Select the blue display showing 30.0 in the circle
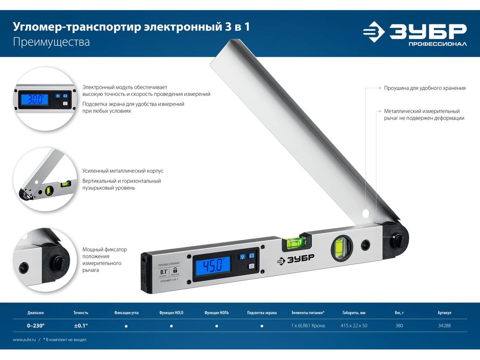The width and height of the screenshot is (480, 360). [35, 99]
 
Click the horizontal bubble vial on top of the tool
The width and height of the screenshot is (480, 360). [295, 242]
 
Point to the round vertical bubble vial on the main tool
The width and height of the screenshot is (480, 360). [342, 248]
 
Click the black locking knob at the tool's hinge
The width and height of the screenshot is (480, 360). [397, 238]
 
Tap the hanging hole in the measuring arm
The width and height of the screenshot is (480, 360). [365, 213]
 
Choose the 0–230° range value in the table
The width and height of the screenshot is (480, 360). [36, 326]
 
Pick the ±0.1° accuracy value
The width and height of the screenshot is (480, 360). [81, 326]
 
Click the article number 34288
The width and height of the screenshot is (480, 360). [444, 326]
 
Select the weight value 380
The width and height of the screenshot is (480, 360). [399, 326]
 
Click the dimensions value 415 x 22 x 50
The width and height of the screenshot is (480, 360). [354, 326]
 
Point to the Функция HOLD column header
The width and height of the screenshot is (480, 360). [171, 312]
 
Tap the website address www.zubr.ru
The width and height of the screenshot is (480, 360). [24, 340]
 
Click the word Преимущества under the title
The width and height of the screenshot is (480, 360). [51, 42]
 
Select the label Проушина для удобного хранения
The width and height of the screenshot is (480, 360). [425, 88]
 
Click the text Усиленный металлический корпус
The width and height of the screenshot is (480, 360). [123, 171]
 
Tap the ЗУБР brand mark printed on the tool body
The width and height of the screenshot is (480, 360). [295, 259]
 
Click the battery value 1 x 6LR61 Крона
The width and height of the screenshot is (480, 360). [308, 326]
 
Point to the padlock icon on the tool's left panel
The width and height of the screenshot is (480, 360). [175, 270]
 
